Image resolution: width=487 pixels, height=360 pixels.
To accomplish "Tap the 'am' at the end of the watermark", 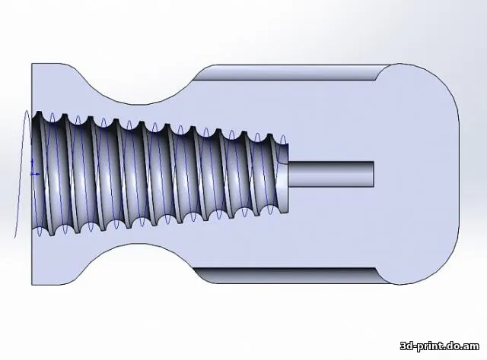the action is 472,346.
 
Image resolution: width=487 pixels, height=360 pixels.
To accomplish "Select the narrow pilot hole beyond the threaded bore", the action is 331,174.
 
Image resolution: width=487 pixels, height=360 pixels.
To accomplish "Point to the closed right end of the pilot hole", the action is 374,174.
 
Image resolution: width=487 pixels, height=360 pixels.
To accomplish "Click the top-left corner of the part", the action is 32,64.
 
